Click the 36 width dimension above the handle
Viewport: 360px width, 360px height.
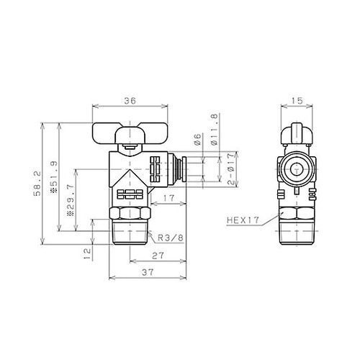click(x=130, y=101)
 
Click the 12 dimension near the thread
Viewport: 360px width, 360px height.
click(x=86, y=253)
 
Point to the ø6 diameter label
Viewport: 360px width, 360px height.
click(x=197, y=138)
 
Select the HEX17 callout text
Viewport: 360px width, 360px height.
click(x=241, y=221)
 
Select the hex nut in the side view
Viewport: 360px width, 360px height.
click(x=294, y=215)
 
